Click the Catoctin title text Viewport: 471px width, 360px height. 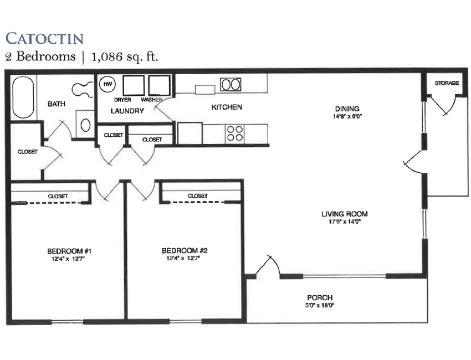(44, 38)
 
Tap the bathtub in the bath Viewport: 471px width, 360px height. (23, 97)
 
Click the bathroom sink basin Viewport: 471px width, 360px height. (85, 125)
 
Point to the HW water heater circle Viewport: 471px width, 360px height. (107, 84)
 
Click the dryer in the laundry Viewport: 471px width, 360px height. (134, 86)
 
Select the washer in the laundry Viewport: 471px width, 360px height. (159, 86)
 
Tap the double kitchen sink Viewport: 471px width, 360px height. (231, 84)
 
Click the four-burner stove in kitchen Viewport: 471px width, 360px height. (235, 133)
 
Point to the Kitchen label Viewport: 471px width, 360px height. (227, 107)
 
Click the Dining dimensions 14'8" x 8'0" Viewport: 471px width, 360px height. (347, 116)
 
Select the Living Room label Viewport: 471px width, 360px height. (345, 214)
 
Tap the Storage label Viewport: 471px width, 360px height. (447, 83)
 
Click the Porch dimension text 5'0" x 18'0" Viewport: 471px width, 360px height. (320, 305)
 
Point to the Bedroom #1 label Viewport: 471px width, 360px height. (69, 251)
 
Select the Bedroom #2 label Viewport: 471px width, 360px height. (185, 250)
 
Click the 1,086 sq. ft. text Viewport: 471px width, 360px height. (125, 56)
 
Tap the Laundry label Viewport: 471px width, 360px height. (127, 111)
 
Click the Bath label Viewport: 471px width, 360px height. (57, 104)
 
